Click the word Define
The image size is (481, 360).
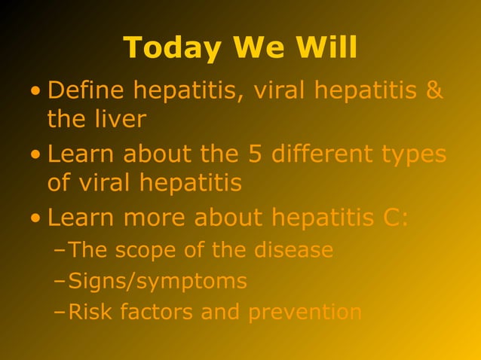tap(86, 91)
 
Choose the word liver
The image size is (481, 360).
tap(119, 119)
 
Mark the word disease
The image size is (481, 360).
tap(293, 250)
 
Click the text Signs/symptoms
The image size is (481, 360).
tap(158, 282)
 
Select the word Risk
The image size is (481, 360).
tap(87, 312)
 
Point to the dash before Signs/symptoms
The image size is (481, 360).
tap(60, 282)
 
